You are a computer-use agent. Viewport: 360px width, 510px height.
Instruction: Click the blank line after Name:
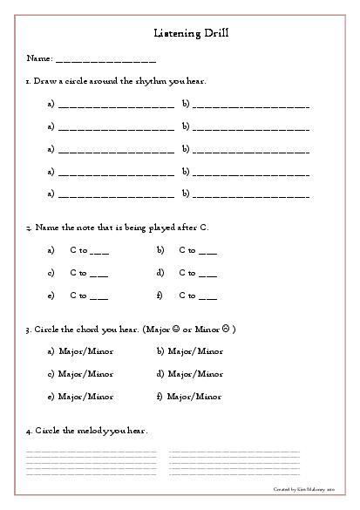[x=105, y=61]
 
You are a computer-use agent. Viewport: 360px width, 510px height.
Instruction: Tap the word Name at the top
[x=38, y=58]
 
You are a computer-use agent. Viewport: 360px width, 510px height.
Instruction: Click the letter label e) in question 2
[x=51, y=296]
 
